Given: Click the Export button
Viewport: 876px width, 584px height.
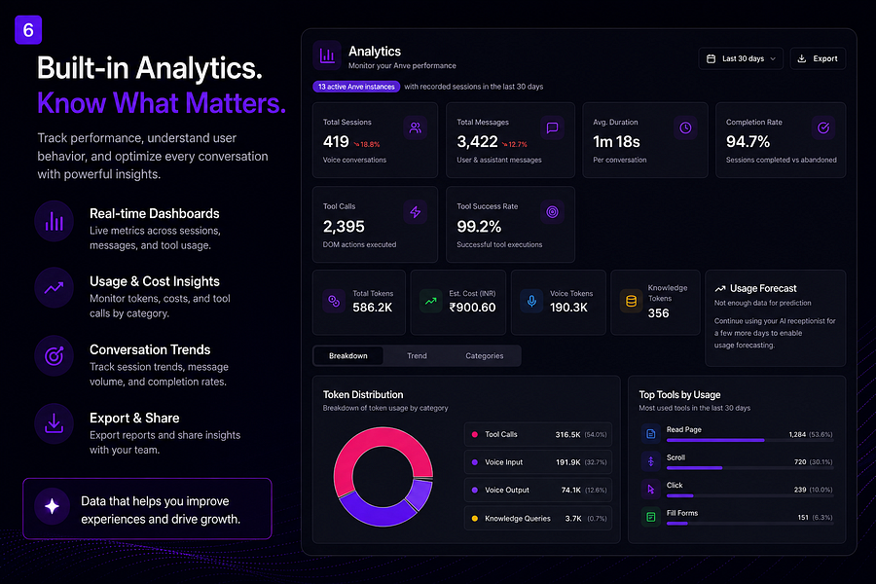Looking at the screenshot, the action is tap(818, 58).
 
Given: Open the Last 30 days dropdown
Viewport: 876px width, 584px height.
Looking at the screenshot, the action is tap(741, 58).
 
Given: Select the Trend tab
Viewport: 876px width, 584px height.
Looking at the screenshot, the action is tap(417, 356).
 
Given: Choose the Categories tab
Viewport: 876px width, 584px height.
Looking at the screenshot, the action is tap(485, 356).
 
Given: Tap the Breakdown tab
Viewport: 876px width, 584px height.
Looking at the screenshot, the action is tap(348, 356).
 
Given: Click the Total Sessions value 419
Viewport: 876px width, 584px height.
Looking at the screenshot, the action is tap(336, 142).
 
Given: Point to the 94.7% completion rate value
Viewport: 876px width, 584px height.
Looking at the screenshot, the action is tap(748, 142).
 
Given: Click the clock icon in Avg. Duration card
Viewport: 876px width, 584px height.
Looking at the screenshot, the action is tap(685, 128).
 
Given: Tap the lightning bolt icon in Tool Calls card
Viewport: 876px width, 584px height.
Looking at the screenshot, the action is tap(415, 212).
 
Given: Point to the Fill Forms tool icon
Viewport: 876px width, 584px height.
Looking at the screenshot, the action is tap(651, 517).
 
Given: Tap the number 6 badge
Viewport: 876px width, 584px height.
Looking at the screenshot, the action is tap(28, 29).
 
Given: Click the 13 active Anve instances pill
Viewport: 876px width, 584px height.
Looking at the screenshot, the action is tap(356, 87).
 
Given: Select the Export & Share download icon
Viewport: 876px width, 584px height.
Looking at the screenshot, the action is tap(54, 424).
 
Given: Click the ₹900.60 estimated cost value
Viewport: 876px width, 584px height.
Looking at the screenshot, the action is tap(473, 308).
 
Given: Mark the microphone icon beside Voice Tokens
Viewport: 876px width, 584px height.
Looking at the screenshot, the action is tap(531, 301).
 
